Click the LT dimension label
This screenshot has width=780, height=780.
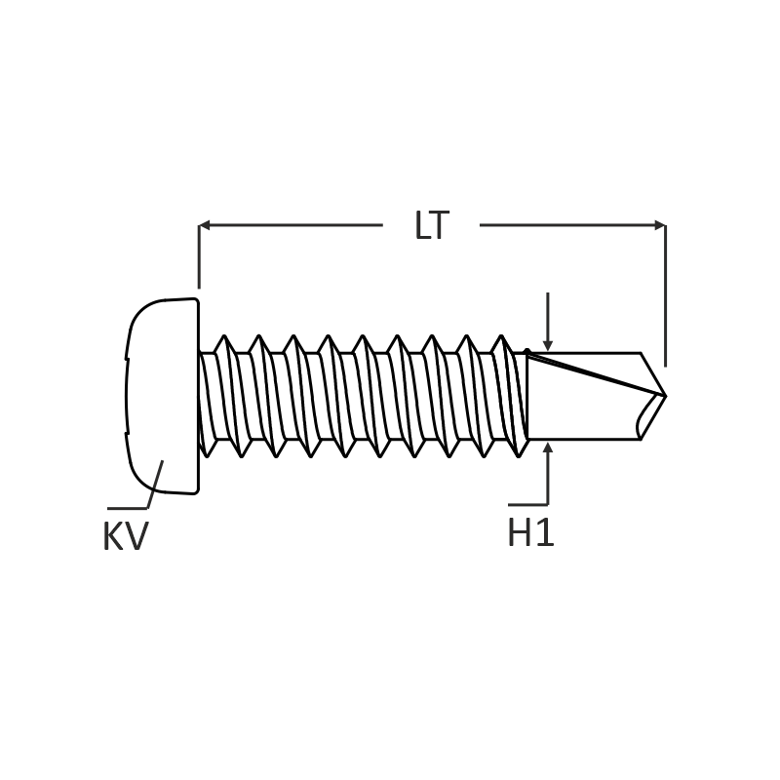pyautogui.click(x=432, y=226)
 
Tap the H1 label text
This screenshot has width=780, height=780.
pyautogui.click(x=530, y=532)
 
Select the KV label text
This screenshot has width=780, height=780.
pyautogui.click(x=126, y=536)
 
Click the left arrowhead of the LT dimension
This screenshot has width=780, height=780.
pyautogui.click(x=205, y=226)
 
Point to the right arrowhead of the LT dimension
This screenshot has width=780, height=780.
pyautogui.click(x=660, y=226)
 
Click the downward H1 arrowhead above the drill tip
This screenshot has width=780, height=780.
pyautogui.click(x=548, y=345)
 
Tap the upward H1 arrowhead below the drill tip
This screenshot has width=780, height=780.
pyautogui.click(x=548, y=448)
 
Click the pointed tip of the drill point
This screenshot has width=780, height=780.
pyautogui.click(x=666, y=396)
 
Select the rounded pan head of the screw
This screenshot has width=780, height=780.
pyautogui.click(x=162, y=396)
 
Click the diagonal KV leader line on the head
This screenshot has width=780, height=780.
pyautogui.click(x=155, y=485)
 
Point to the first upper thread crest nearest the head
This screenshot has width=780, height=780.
pyautogui.click(x=224, y=336)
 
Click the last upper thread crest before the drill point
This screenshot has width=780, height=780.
pyautogui.click(x=501, y=336)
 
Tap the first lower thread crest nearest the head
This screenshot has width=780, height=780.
pyautogui.click(x=207, y=455)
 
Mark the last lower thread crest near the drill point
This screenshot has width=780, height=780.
pyautogui.click(x=518, y=455)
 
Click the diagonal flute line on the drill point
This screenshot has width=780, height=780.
pyautogui.click(x=596, y=374)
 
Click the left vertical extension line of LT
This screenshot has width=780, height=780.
pyautogui.click(x=199, y=256)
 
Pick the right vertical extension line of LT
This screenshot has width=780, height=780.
pyautogui.click(x=666, y=296)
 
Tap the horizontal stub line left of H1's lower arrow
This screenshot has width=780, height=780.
pyautogui.click(x=527, y=505)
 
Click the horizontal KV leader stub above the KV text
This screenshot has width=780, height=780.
pyautogui.click(x=128, y=508)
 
